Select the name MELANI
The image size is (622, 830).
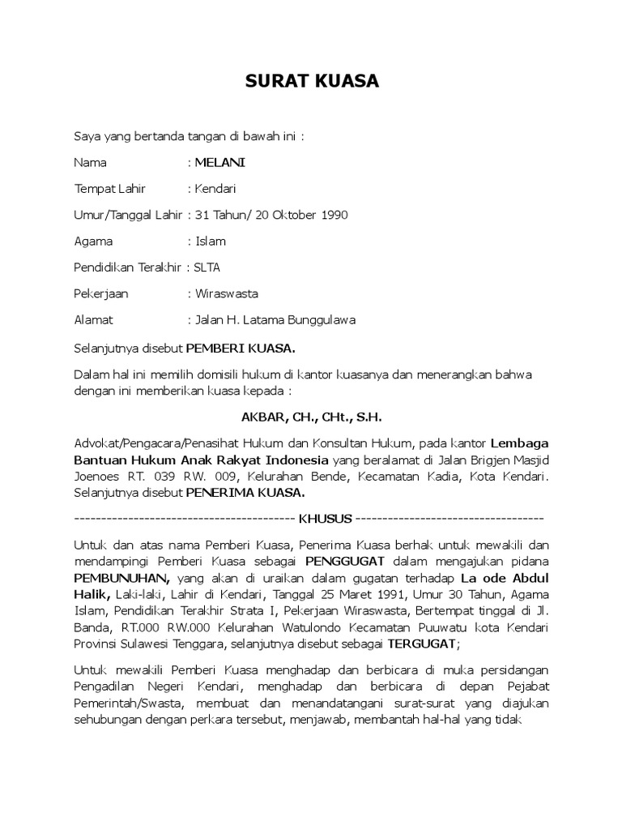(219, 162)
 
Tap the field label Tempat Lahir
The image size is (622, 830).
(109, 189)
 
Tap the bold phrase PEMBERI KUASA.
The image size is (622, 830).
(241, 349)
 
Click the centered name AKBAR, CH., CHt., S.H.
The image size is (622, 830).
(311, 417)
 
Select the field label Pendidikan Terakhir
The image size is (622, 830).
(128, 267)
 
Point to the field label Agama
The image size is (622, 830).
(93, 241)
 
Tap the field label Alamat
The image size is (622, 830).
(93, 319)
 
